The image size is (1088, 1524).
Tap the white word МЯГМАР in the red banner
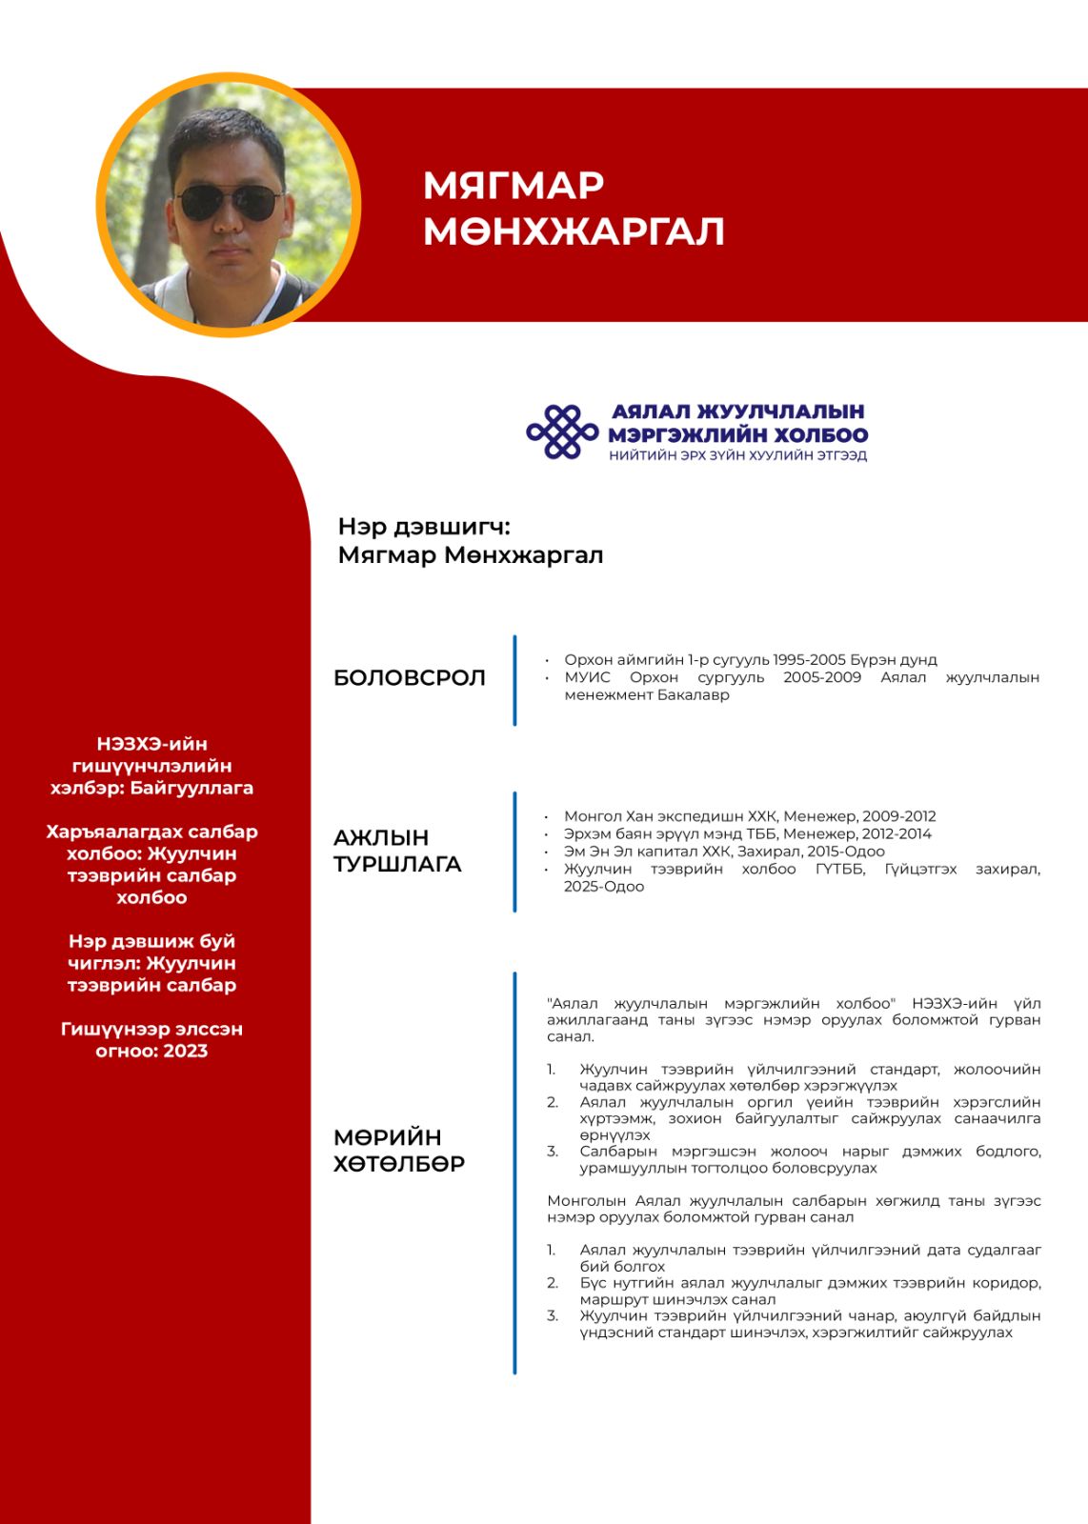(x=514, y=186)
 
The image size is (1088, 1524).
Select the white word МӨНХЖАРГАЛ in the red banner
(x=574, y=231)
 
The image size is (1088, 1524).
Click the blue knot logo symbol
(x=562, y=431)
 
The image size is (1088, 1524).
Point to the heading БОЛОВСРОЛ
(x=410, y=678)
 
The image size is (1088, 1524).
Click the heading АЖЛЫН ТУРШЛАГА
(x=397, y=851)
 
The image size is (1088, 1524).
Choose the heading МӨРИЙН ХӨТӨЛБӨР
(x=399, y=1150)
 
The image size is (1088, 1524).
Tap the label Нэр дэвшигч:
(x=424, y=527)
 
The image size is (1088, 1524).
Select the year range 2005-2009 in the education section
(x=822, y=677)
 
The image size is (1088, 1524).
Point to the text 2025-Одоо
(x=604, y=886)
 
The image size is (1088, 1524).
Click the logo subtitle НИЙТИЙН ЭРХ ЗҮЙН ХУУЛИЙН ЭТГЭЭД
(x=738, y=455)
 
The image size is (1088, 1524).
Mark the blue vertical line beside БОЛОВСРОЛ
(x=514, y=680)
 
